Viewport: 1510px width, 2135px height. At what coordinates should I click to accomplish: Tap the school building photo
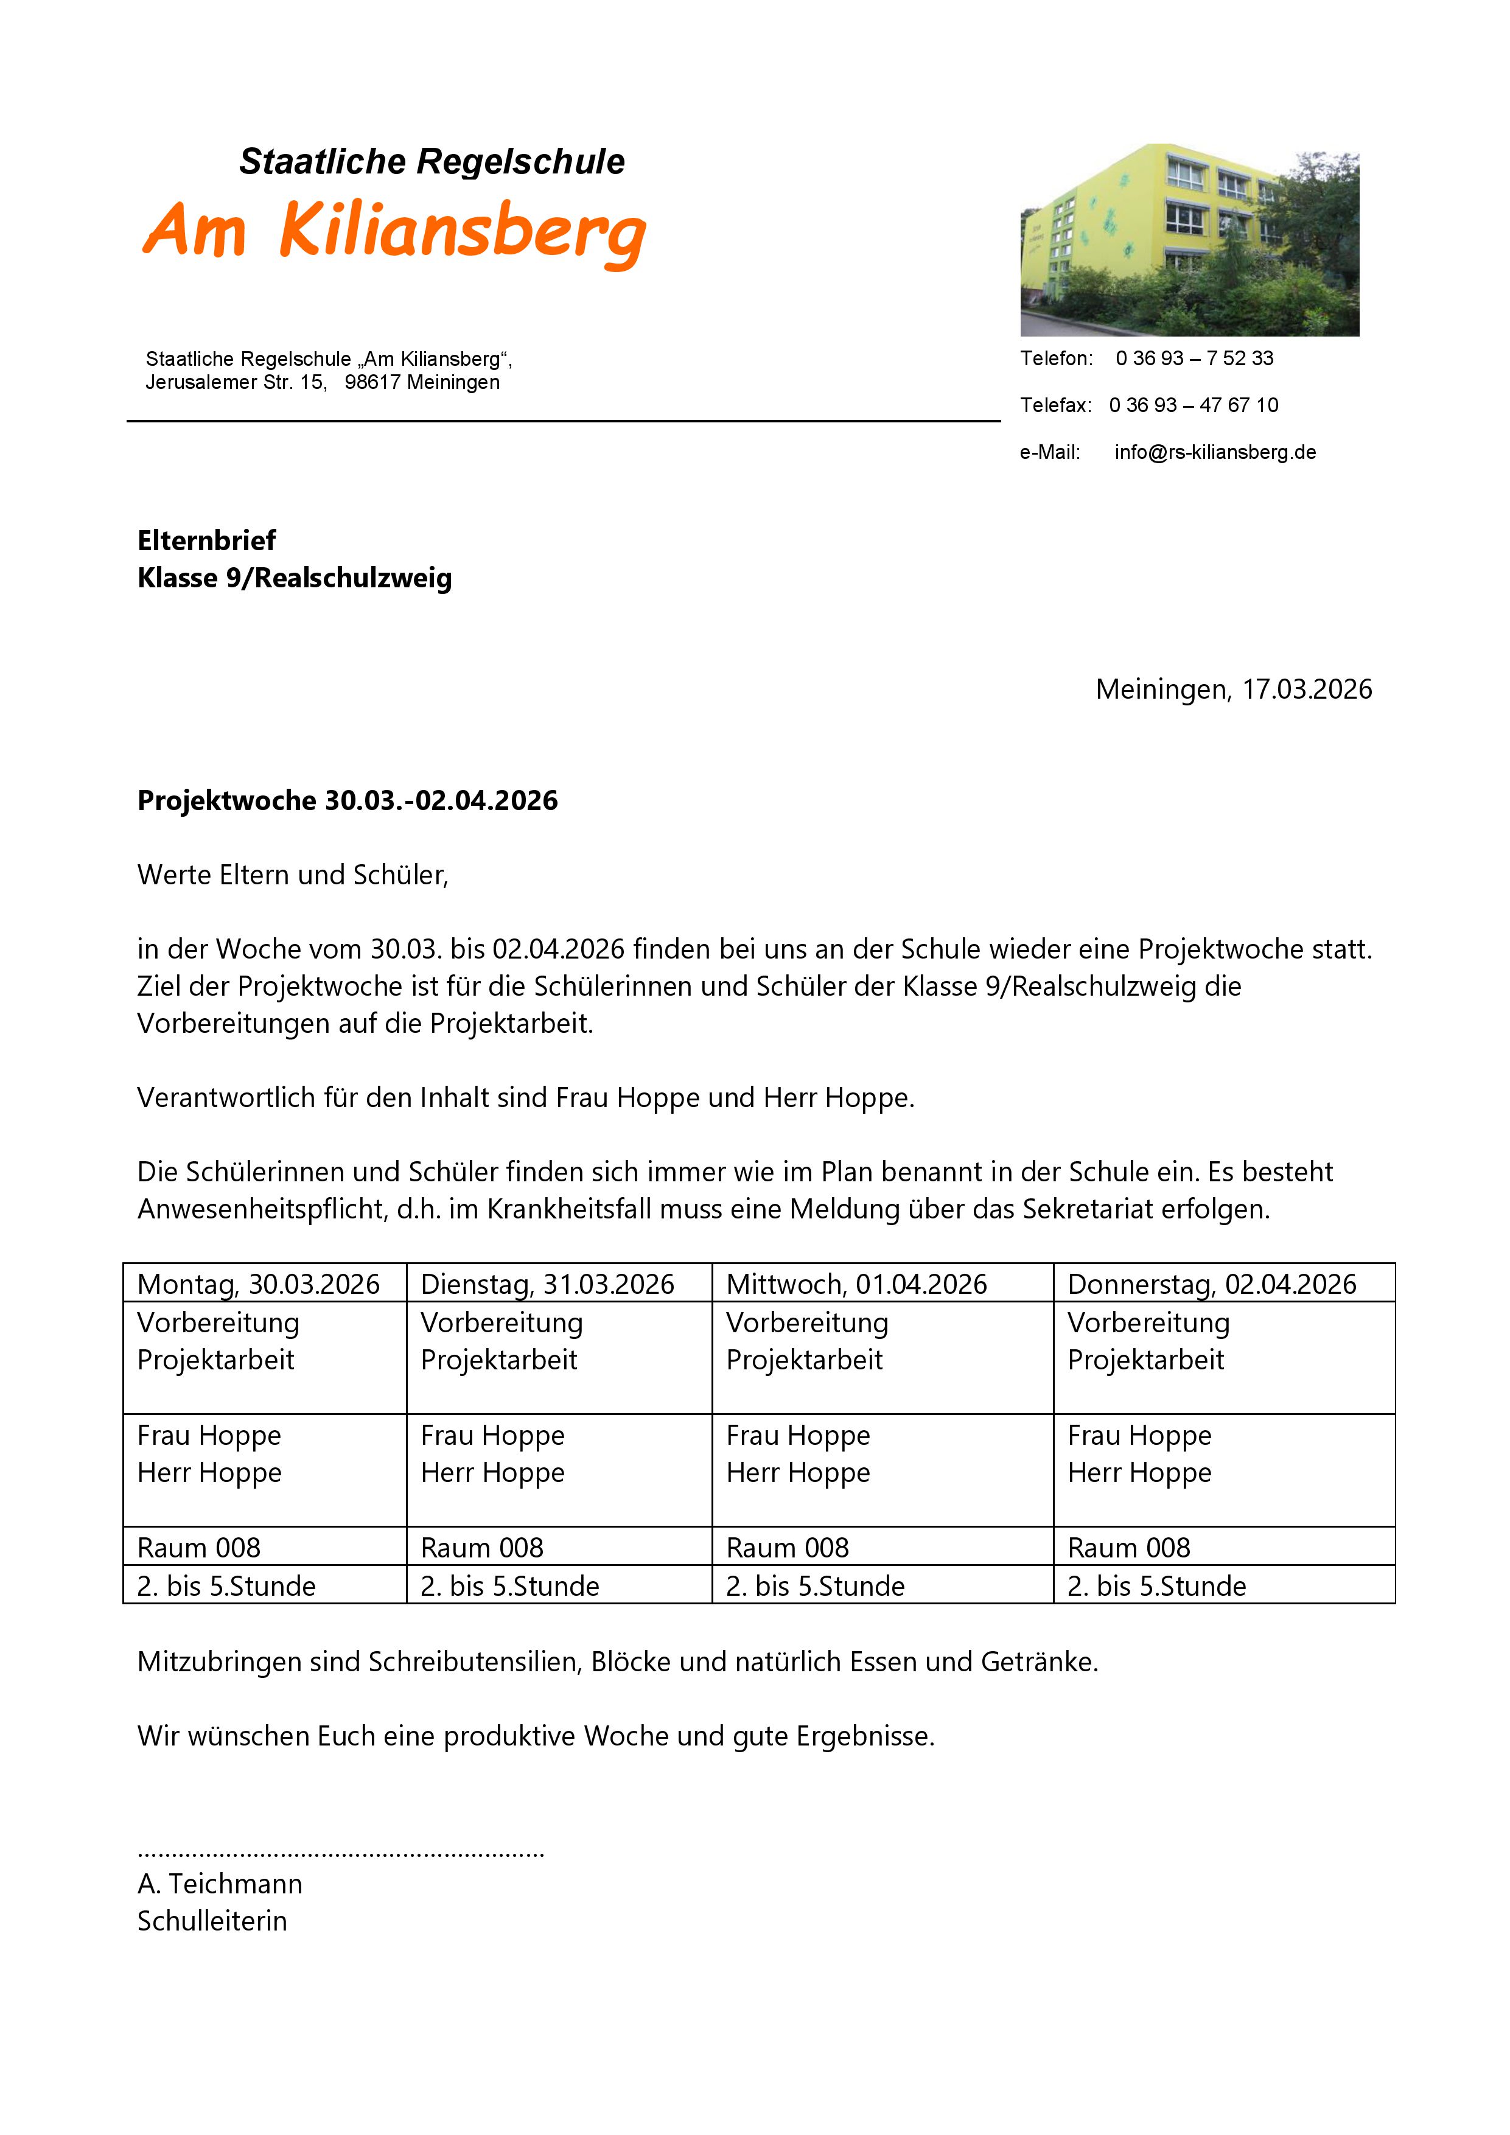pyautogui.click(x=1189, y=240)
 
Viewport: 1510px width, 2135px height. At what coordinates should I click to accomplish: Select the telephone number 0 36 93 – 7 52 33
pyautogui.click(x=1194, y=359)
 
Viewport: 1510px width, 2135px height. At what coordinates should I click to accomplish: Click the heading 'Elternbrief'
pyautogui.click(x=206, y=540)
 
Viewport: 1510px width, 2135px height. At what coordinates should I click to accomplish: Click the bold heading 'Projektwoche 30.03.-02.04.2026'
pyautogui.click(x=347, y=801)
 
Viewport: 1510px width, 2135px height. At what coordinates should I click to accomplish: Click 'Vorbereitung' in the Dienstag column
pyautogui.click(x=501, y=1323)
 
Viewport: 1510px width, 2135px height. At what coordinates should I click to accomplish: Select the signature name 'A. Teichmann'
pyautogui.click(x=220, y=1884)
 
